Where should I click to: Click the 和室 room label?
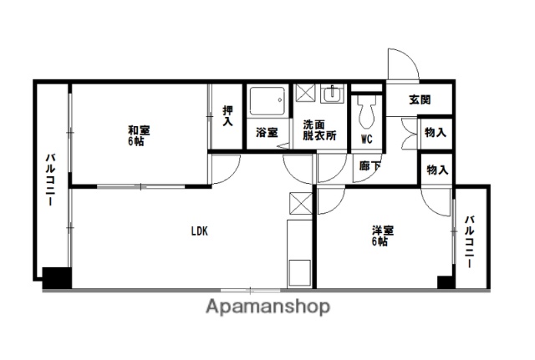[x=140, y=135]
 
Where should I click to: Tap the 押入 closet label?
[x=227, y=114]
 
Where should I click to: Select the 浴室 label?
[x=267, y=132]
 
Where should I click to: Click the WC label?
[x=366, y=138]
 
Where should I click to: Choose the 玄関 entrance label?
[x=420, y=99]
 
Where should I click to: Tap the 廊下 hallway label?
[x=368, y=167]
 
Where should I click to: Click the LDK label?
[x=198, y=231]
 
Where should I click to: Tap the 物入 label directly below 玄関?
[x=436, y=132]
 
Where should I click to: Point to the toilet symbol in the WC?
[x=366, y=110]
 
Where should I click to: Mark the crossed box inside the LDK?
[x=299, y=204]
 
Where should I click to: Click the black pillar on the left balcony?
[x=56, y=276]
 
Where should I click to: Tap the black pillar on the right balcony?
[x=446, y=281]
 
